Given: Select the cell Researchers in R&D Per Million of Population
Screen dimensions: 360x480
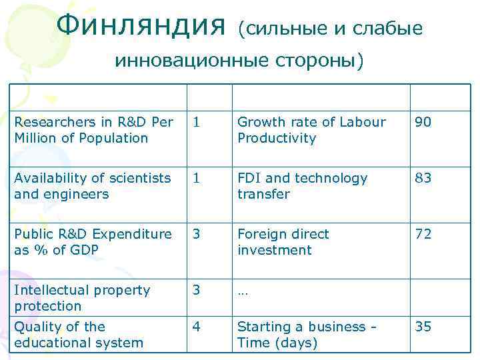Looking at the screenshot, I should pyautogui.click(x=94, y=130).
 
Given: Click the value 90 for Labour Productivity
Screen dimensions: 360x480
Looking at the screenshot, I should pyautogui.click(x=423, y=122).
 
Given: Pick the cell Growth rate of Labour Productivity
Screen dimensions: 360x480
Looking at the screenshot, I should pyautogui.click(x=311, y=130).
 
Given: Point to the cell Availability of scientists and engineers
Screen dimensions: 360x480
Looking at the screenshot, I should pyautogui.click(x=93, y=186).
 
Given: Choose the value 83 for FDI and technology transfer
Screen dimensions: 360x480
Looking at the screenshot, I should pyautogui.click(x=423, y=178).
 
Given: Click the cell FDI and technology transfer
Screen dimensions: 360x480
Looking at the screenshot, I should pyautogui.click(x=303, y=186).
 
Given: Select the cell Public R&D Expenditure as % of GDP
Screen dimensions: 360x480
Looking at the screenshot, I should pyautogui.click(x=93, y=242).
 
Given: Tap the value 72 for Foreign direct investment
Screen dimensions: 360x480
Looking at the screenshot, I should pyautogui.click(x=423, y=234).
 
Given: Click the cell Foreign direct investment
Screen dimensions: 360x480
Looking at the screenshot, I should pyautogui.click(x=283, y=242).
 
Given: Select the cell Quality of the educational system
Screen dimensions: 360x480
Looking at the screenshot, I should pyautogui.click(x=79, y=335).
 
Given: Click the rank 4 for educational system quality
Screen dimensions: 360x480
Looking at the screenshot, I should pyautogui.click(x=197, y=327).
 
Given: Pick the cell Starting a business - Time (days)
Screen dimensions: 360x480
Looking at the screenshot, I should pyautogui.click(x=307, y=335).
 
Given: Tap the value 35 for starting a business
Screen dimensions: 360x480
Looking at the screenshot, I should pyautogui.click(x=423, y=327).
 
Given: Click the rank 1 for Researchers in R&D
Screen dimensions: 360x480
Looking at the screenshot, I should pyautogui.click(x=197, y=122).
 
